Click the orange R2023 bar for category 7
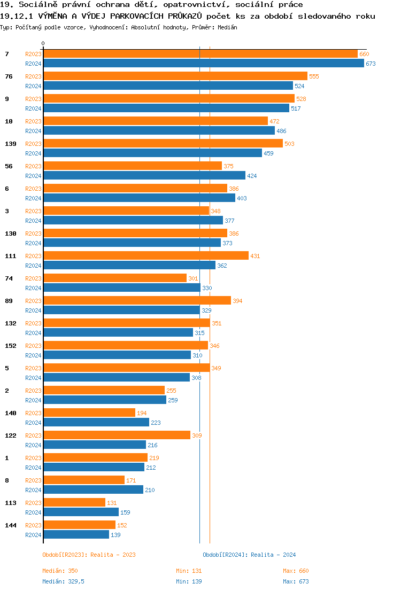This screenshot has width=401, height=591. point(200,54)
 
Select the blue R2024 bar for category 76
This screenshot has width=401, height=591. point(168,86)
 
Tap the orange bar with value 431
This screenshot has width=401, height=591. point(146,256)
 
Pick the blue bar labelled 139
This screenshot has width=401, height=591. point(76,535)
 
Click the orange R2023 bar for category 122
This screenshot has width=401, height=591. point(117,436)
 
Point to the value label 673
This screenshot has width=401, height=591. point(371,64)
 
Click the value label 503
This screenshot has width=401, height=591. point(289,144)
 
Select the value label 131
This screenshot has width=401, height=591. point(112,503)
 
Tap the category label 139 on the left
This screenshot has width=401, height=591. point(10,144)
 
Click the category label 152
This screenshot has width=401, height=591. point(10,346)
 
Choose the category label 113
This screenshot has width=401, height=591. point(10,503)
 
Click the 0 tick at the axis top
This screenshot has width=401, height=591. point(43,43)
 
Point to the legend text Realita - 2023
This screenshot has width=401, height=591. point(113,555)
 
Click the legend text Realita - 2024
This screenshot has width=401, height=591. point(273,555)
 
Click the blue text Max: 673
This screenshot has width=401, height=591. point(296,581)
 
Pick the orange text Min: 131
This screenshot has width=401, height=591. point(189,571)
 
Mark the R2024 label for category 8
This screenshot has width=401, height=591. point(33,490)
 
